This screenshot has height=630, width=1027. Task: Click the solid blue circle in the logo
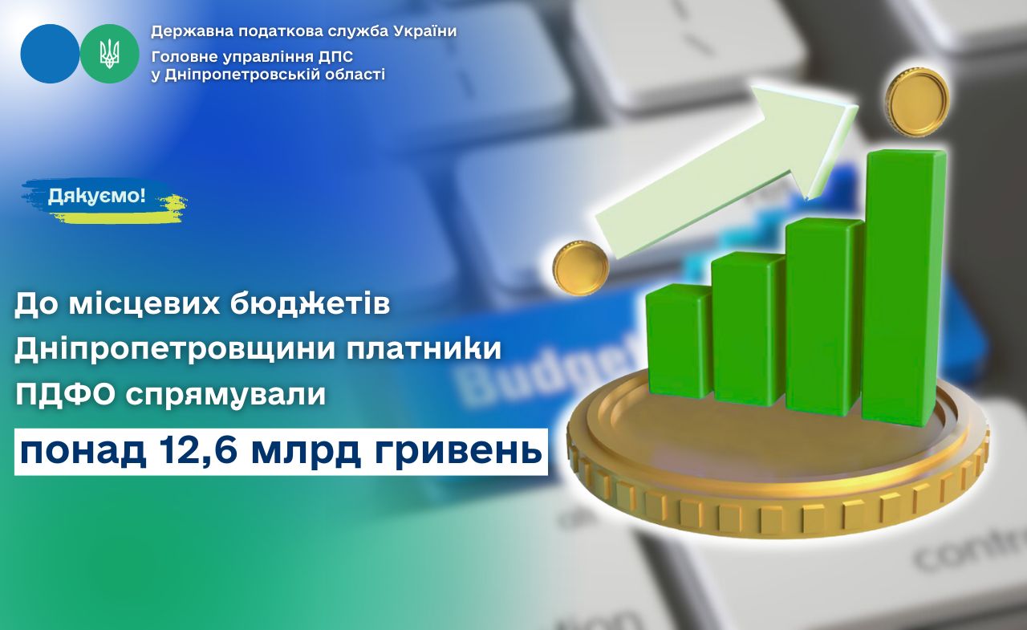point(50,54)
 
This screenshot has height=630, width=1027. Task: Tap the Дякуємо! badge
point(97,197)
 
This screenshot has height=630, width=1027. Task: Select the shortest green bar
point(679,340)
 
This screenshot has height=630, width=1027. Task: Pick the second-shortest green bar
point(747,329)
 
